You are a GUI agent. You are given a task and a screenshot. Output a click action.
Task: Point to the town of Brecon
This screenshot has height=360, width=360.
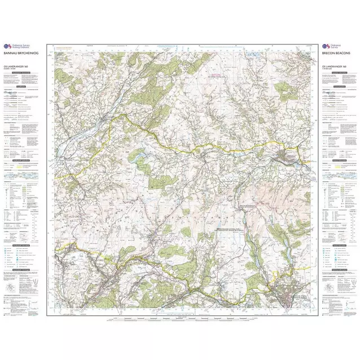tap(286, 156)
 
